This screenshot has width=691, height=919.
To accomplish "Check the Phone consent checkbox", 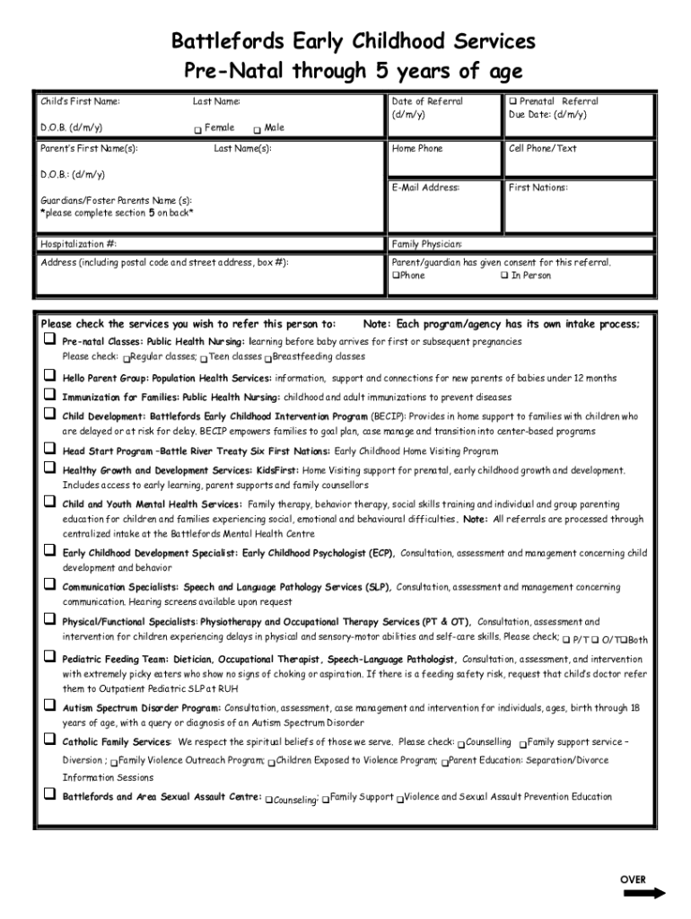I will (395, 276).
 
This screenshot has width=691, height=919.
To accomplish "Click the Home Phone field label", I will (417, 148).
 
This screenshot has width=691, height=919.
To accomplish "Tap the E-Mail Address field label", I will (425, 188).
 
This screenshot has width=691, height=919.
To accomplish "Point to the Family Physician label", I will (427, 244).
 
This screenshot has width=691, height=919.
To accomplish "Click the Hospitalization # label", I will (79, 244).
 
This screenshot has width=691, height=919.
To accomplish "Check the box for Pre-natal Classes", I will (49, 341).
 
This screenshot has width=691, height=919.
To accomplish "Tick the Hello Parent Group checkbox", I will (49, 377).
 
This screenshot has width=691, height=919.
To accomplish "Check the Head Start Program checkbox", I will (49, 450).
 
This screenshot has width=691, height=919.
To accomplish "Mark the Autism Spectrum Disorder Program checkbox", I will (49, 706).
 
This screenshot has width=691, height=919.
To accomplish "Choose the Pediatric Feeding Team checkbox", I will (49, 658).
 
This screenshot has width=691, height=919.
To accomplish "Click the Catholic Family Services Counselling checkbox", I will (461, 744).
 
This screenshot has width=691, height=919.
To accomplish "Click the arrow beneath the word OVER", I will (643, 893).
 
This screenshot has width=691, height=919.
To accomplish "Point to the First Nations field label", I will (538, 188).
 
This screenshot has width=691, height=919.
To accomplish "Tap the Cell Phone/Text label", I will (542, 148).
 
